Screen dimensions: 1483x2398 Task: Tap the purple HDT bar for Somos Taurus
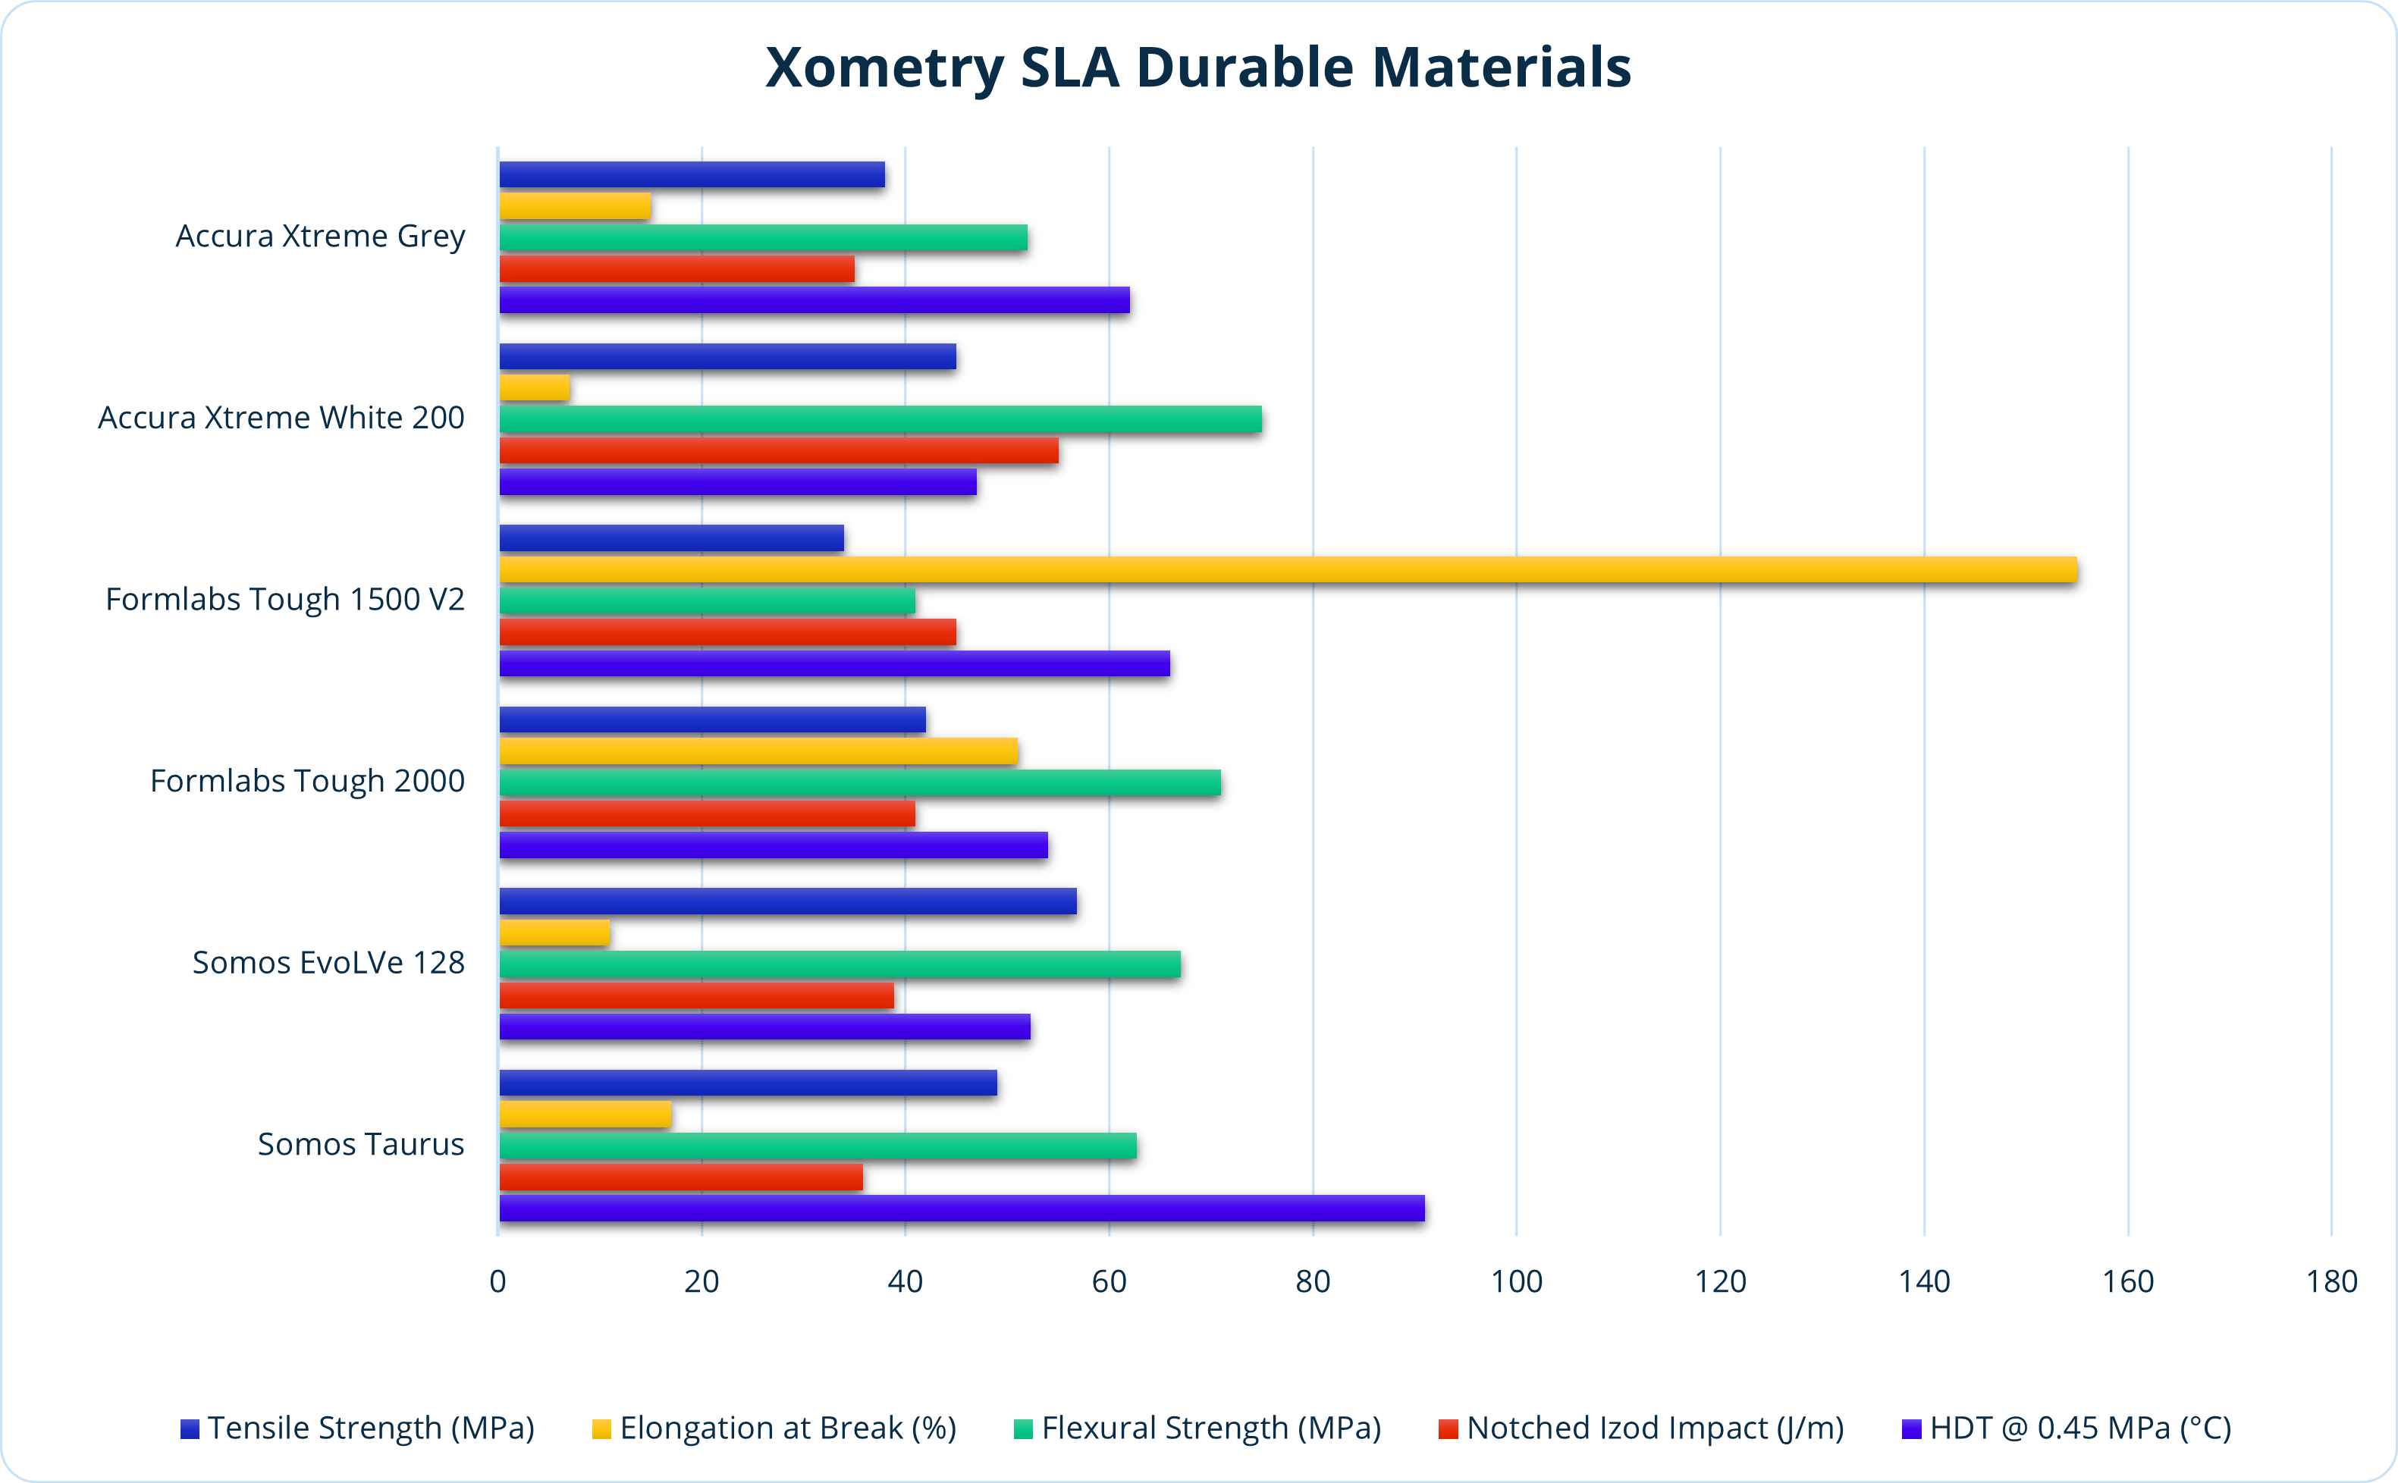point(961,1209)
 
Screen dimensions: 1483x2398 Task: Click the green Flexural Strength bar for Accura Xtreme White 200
point(880,419)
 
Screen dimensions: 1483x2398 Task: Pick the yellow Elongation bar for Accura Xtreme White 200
point(535,388)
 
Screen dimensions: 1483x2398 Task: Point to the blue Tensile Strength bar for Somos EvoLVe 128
point(787,901)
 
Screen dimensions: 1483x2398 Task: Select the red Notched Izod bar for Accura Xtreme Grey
point(676,268)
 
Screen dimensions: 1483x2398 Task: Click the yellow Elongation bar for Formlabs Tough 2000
point(758,751)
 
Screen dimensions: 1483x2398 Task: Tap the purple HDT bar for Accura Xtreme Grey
point(814,300)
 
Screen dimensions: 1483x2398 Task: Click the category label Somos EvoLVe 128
point(328,963)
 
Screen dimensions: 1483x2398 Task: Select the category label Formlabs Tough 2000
point(307,782)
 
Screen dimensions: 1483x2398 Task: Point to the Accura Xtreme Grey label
point(320,237)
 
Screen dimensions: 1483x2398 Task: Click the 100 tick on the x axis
point(1516,1282)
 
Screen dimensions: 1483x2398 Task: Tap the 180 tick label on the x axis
point(2331,1282)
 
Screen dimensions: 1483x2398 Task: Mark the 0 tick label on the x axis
point(498,1282)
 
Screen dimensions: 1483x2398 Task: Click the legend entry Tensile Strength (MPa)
point(370,1428)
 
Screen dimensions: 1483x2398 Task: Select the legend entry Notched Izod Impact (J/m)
point(1655,1428)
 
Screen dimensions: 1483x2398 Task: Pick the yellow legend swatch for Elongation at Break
point(601,1429)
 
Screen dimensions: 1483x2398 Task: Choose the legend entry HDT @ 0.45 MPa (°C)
point(2079,1428)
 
